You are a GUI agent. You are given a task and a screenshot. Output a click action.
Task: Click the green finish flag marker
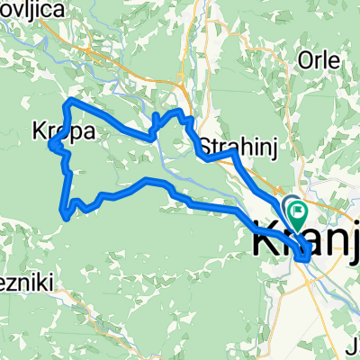[297, 212]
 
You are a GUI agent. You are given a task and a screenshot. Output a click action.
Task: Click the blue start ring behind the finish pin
[290, 206]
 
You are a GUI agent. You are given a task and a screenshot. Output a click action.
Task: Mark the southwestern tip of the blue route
[63, 213]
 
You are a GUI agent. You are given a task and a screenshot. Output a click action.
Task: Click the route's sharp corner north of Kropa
[71, 98]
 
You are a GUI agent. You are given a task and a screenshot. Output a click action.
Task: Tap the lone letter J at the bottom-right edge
[354, 342]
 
